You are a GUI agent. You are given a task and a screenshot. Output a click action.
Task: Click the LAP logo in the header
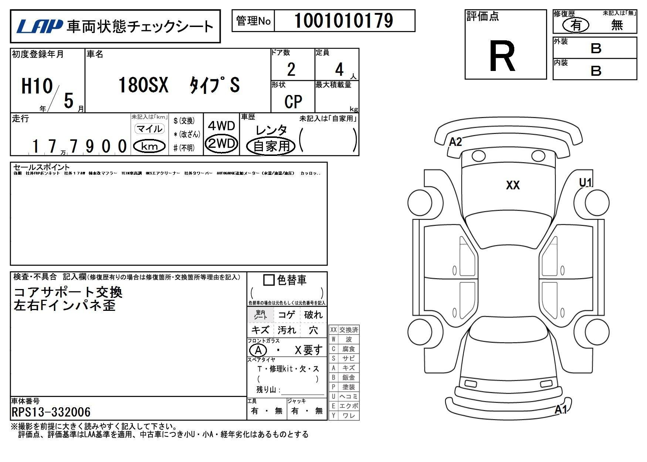click(39, 26)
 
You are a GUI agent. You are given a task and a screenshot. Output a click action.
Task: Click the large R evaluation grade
click(502, 57)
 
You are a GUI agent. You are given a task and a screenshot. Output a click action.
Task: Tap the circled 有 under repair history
click(576, 25)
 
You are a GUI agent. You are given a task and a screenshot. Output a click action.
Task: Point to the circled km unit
click(149, 146)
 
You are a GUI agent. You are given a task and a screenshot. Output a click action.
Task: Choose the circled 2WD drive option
click(221, 143)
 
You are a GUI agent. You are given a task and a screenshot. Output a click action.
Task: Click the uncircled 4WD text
click(221, 126)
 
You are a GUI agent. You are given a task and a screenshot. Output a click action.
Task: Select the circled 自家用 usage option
click(271, 146)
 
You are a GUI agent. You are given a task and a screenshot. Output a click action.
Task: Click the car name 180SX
click(143, 85)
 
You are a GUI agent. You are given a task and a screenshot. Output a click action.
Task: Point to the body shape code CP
click(293, 101)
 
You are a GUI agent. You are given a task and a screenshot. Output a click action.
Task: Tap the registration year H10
click(37, 86)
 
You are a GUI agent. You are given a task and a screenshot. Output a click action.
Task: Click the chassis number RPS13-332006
click(51, 412)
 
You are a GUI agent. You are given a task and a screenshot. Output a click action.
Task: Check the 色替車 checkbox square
click(269, 280)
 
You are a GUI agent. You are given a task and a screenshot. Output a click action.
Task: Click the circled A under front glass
click(258, 350)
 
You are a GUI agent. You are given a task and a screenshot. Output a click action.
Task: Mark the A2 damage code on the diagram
click(455, 142)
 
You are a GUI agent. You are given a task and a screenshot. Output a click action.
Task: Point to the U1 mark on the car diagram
click(586, 182)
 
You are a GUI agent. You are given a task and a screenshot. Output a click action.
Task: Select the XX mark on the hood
click(513, 185)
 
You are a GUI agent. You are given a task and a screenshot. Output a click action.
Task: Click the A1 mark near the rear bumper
click(560, 410)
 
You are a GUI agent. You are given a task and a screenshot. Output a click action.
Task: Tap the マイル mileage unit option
click(149, 129)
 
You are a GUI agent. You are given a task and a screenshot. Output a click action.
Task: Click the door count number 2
click(291, 69)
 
